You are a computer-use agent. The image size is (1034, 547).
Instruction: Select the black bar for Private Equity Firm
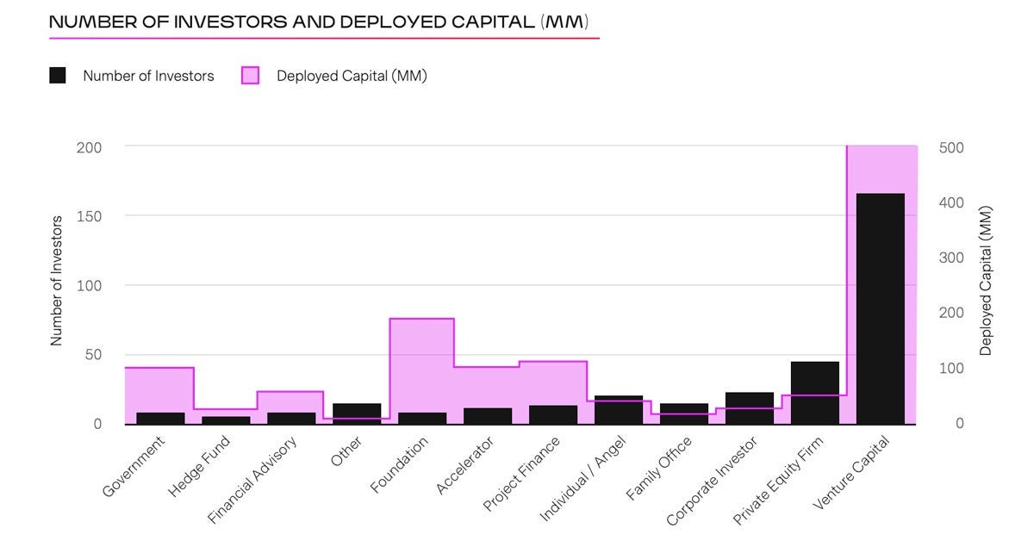click(x=814, y=393)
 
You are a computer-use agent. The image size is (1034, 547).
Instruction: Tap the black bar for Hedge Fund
click(x=226, y=420)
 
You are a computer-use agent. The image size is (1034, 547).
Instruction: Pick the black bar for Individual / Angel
click(x=618, y=410)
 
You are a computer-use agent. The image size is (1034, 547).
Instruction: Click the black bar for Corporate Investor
click(x=749, y=408)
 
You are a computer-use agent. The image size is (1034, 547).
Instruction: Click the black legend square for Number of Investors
click(x=58, y=76)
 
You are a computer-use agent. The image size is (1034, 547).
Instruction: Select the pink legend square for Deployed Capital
click(x=250, y=76)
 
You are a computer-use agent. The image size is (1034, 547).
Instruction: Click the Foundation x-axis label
click(x=399, y=465)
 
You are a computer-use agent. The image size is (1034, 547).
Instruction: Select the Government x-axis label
click(x=134, y=467)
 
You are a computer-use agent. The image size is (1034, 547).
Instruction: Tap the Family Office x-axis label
click(x=659, y=469)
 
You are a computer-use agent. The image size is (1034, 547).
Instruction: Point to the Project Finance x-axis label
click(x=522, y=474)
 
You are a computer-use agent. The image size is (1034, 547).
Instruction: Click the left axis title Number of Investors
click(x=57, y=281)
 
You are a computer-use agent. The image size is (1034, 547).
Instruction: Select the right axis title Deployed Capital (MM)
click(x=987, y=281)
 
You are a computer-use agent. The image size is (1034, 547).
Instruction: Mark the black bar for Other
click(x=357, y=413)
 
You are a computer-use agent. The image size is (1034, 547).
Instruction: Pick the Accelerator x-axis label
click(x=465, y=466)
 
